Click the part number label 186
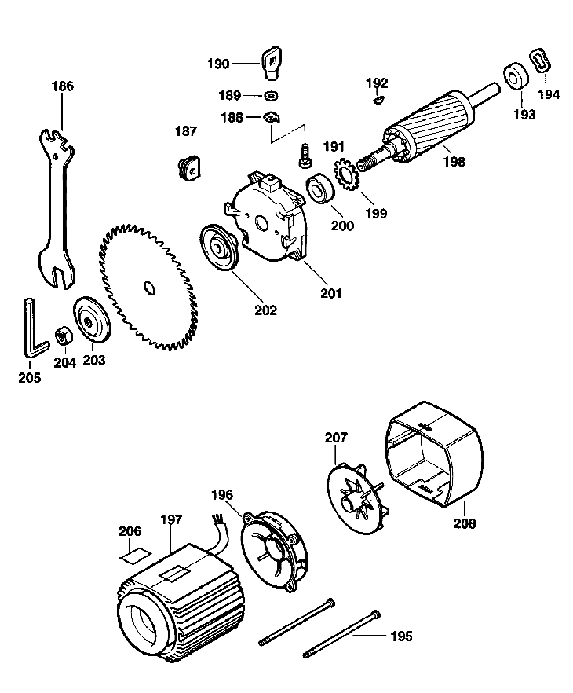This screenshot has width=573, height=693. pyautogui.click(x=62, y=86)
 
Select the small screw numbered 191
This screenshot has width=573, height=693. pyautogui.click(x=302, y=156)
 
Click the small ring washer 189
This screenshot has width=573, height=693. pyautogui.click(x=271, y=96)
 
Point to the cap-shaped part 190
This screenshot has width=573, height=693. pyautogui.click(x=271, y=63)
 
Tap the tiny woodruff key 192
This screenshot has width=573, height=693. pyautogui.click(x=378, y=100)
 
